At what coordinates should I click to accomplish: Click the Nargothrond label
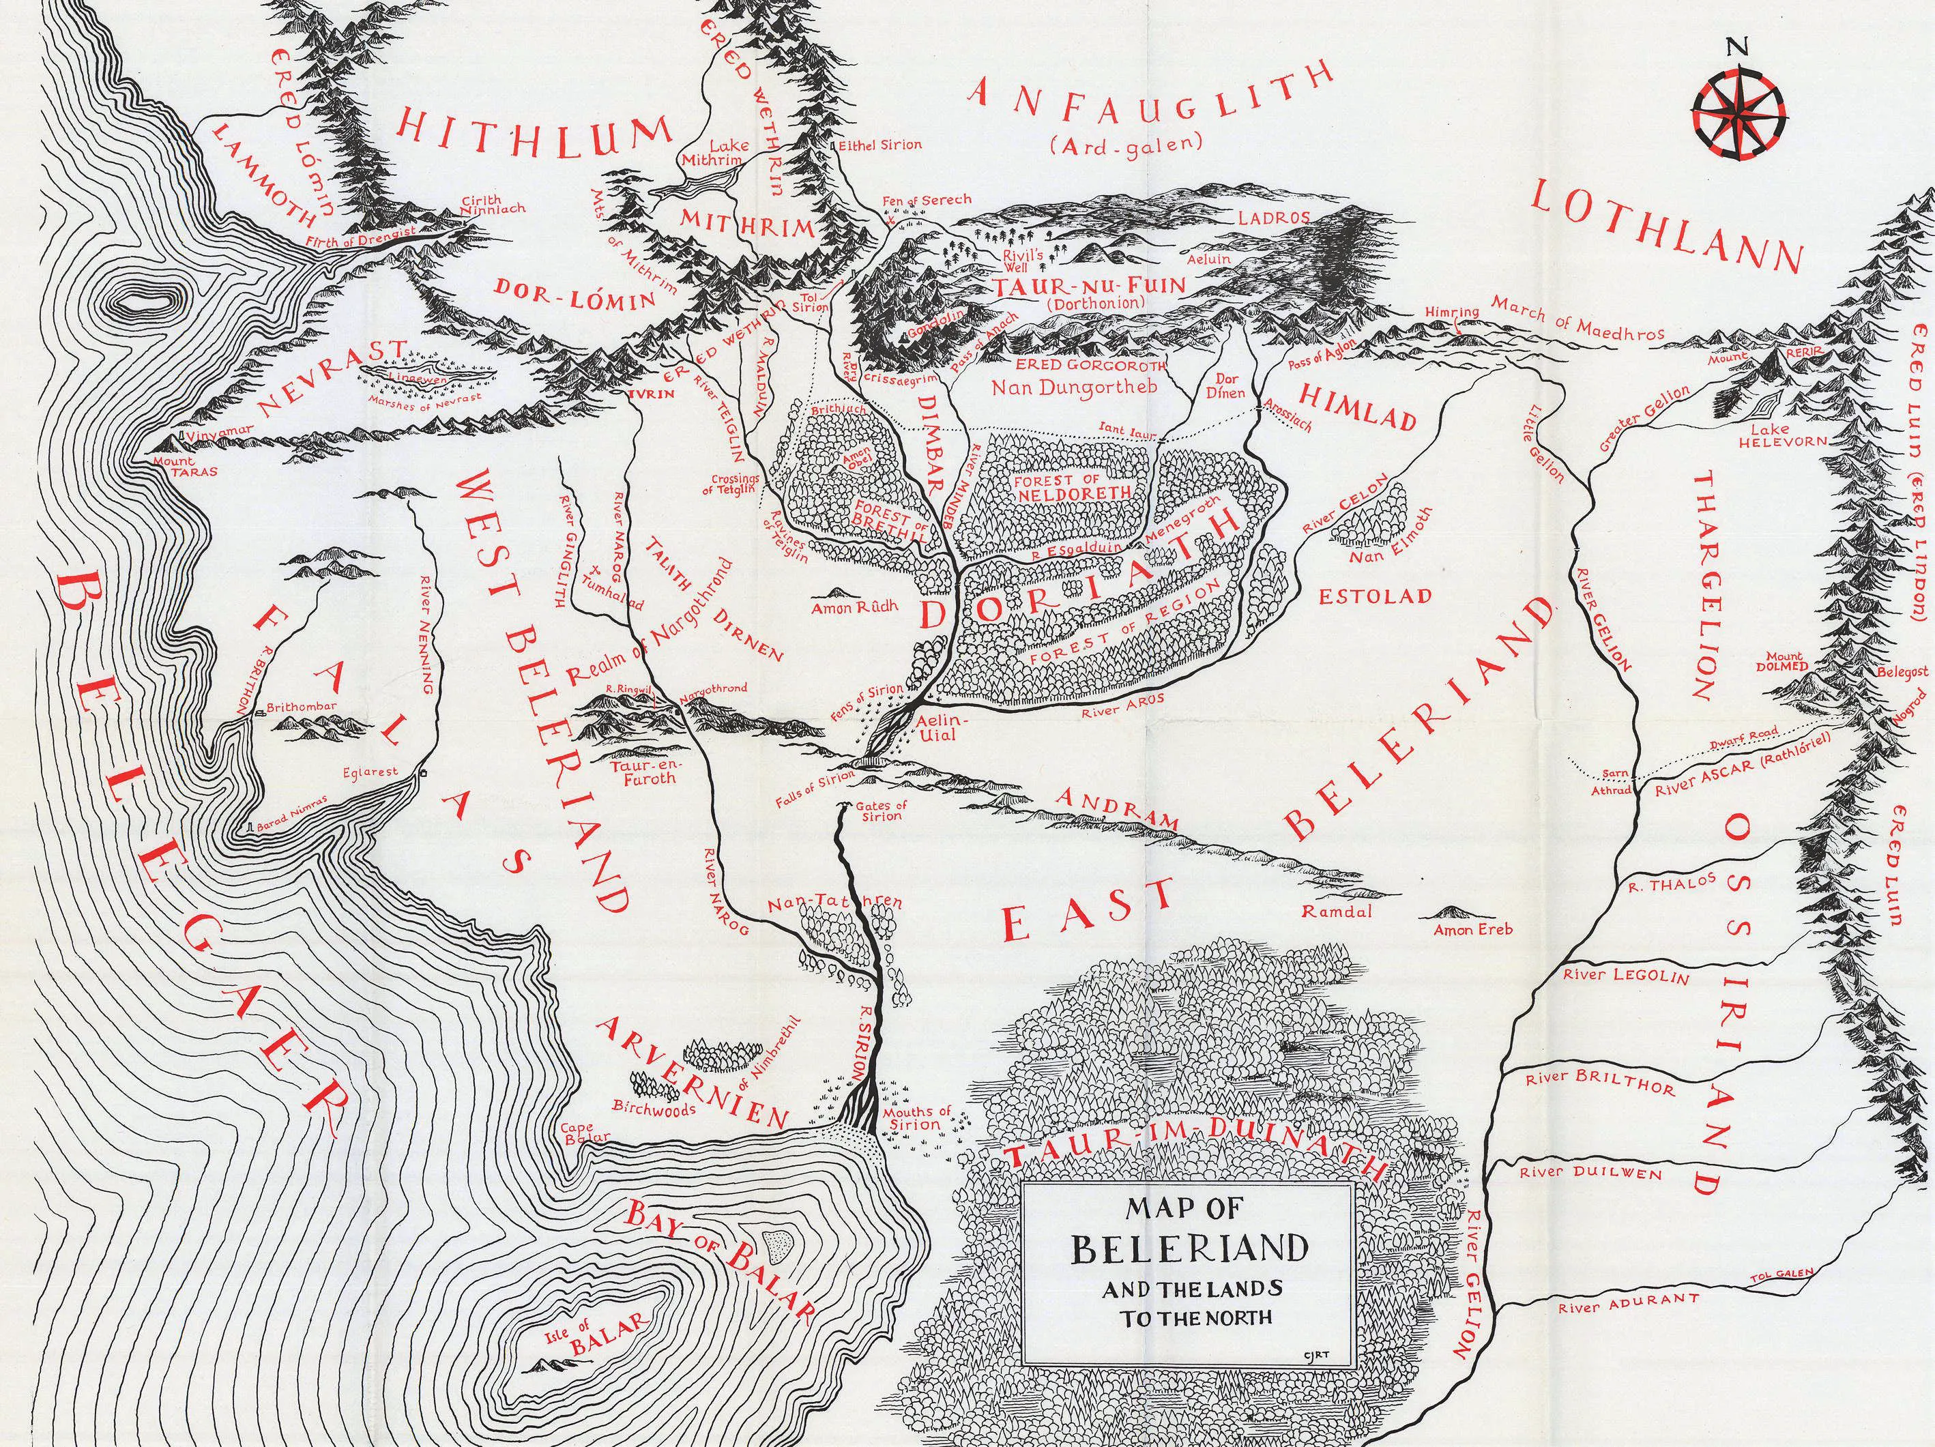pos(712,688)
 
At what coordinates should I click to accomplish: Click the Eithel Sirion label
pos(879,145)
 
